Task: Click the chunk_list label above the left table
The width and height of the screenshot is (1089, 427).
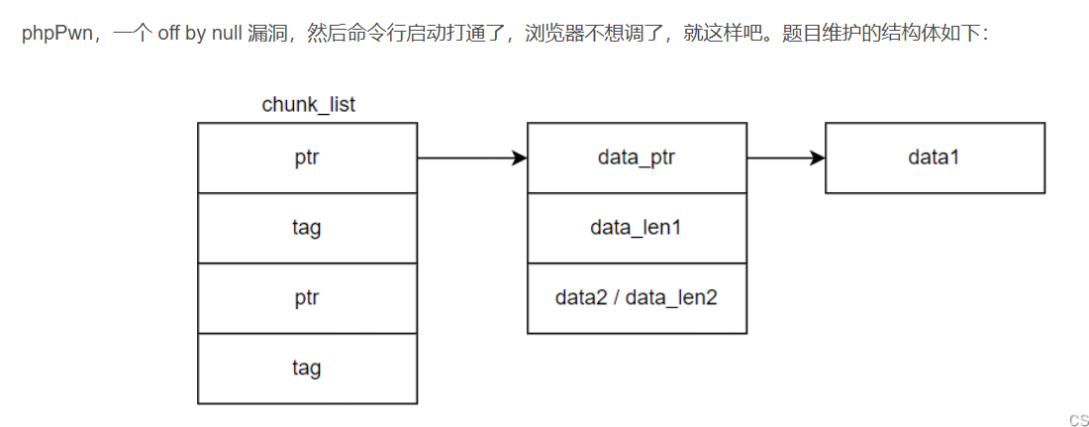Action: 308,104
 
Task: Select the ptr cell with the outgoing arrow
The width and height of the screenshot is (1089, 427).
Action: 307,158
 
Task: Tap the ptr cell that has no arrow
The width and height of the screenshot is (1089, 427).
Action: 307,298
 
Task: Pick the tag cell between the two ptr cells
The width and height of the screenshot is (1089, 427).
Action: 307,228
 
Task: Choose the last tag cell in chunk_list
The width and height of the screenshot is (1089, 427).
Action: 307,369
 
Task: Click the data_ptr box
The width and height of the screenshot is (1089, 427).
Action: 637,158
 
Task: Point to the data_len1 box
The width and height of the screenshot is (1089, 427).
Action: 637,228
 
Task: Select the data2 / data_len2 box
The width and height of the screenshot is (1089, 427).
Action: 637,298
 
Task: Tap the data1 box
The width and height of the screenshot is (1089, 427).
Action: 935,158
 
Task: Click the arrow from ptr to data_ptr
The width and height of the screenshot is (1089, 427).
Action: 471,158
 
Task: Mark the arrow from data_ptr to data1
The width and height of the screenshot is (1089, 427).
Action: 785,158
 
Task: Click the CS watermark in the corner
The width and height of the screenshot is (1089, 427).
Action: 1078,419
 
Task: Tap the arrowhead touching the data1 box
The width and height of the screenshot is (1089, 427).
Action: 817,158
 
